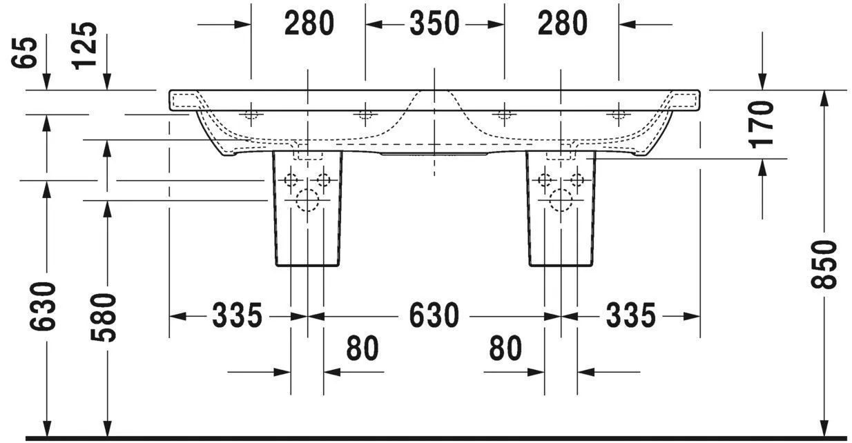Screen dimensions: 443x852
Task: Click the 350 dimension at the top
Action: pos(434,24)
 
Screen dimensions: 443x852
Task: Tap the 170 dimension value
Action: pos(762,124)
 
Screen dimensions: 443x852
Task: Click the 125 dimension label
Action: pos(86,46)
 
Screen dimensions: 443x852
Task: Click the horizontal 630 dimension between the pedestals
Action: pos(434,316)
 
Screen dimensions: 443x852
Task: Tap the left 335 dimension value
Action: pos(237,316)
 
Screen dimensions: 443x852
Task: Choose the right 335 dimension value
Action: pos(630,316)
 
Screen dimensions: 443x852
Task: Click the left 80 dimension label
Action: pos(362,349)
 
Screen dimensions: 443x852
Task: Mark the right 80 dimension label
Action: pos(505,349)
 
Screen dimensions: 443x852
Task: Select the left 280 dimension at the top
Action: pos(309,24)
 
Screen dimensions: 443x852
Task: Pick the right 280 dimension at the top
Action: pos(563,24)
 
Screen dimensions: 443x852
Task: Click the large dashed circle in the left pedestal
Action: pos(307,200)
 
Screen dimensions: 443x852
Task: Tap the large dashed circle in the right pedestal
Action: pos(561,200)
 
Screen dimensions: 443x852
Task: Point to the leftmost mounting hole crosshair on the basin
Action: pos(251,115)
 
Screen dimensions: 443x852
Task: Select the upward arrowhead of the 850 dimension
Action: pos(824,97)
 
